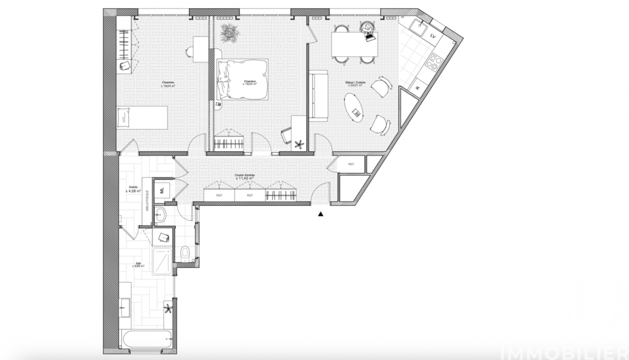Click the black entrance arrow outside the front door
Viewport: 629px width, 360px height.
[321, 215]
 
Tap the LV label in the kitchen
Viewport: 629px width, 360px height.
[433, 37]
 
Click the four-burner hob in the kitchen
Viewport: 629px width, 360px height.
[434, 60]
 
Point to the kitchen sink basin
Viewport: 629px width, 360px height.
[416, 26]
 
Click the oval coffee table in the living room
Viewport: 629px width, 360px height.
[357, 110]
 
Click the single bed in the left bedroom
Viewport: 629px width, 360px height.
[142, 117]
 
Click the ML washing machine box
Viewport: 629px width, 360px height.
[161, 188]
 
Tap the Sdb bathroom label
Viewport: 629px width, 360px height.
[138, 265]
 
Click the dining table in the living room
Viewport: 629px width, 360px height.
[354, 43]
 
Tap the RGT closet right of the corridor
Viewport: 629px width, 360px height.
[351, 164]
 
